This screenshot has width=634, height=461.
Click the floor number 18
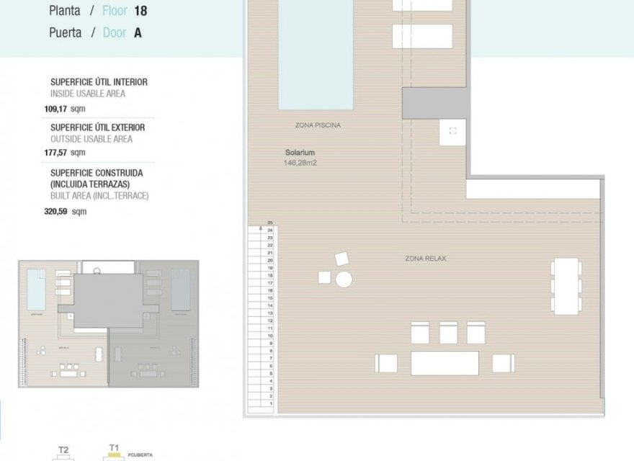pyautogui.click(x=140, y=12)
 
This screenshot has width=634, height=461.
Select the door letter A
pyautogui.click(x=138, y=33)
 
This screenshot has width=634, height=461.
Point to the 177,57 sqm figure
pyautogui.click(x=64, y=152)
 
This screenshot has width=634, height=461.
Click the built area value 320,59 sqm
pyautogui.click(x=64, y=212)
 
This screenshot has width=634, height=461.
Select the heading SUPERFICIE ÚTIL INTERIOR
pyautogui.click(x=99, y=82)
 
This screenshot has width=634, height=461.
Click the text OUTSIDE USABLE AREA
pyautogui.click(x=91, y=139)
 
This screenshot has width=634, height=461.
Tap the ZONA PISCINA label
pyautogui.click(x=317, y=125)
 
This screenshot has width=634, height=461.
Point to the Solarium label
pyautogui.click(x=300, y=153)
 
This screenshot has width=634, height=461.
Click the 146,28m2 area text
pyautogui.click(x=300, y=164)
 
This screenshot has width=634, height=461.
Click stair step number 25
pyautogui.click(x=269, y=223)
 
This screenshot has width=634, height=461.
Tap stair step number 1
pyautogui.click(x=269, y=404)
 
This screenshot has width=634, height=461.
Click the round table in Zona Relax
pyautogui.click(x=344, y=279)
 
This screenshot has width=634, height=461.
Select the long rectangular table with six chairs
pyautogui.click(x=566, y=287)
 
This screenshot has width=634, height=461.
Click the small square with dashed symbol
pyautogui.click(x=452, y=130)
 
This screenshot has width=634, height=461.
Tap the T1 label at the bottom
pyautogui.click(x=114, y=448)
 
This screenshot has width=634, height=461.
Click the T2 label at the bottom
pyautogui.click(x=63, y=450)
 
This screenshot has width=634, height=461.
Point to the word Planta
pyautogui.click(x=65, y=12)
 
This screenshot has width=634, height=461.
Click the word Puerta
pyautogui.click(x=65, y=33)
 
